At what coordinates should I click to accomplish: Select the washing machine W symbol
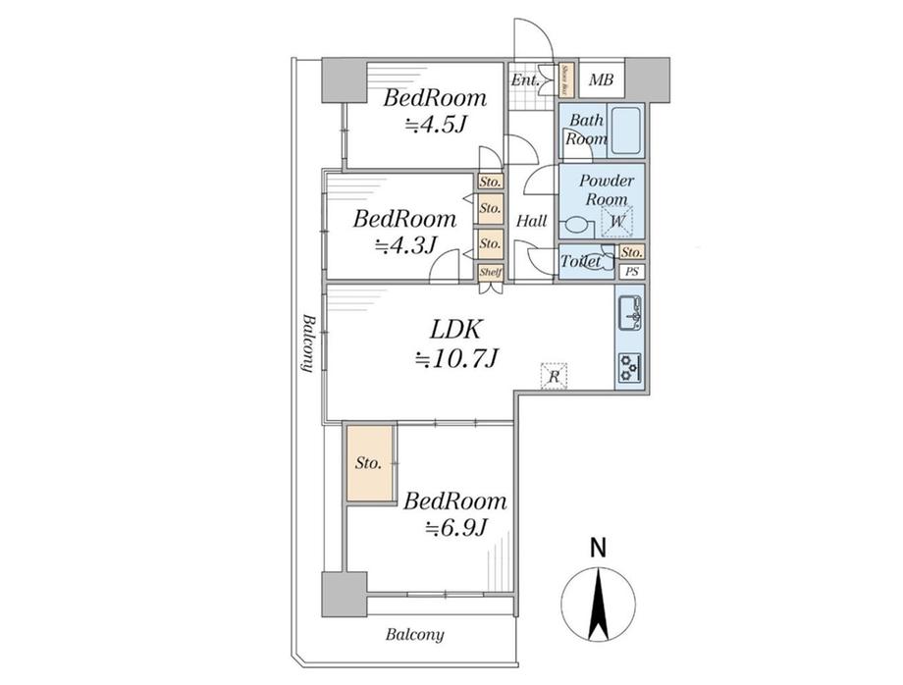click(x=617, y=223)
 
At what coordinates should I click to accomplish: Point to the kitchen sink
click(x=630, y=317)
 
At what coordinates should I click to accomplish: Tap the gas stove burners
click(x=629, y=367)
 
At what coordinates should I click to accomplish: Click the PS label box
click(x=633, y=272)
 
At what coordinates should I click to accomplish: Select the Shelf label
click(x=490, y=272)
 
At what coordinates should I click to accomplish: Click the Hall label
click(x=531, y=221)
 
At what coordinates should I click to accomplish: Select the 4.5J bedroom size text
click(x=436, y=125)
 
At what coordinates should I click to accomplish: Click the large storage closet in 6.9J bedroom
click(x=369, y=462)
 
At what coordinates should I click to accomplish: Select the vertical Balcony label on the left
click(x=307, y=342)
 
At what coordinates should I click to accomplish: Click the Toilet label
click(x=580, y=261)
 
